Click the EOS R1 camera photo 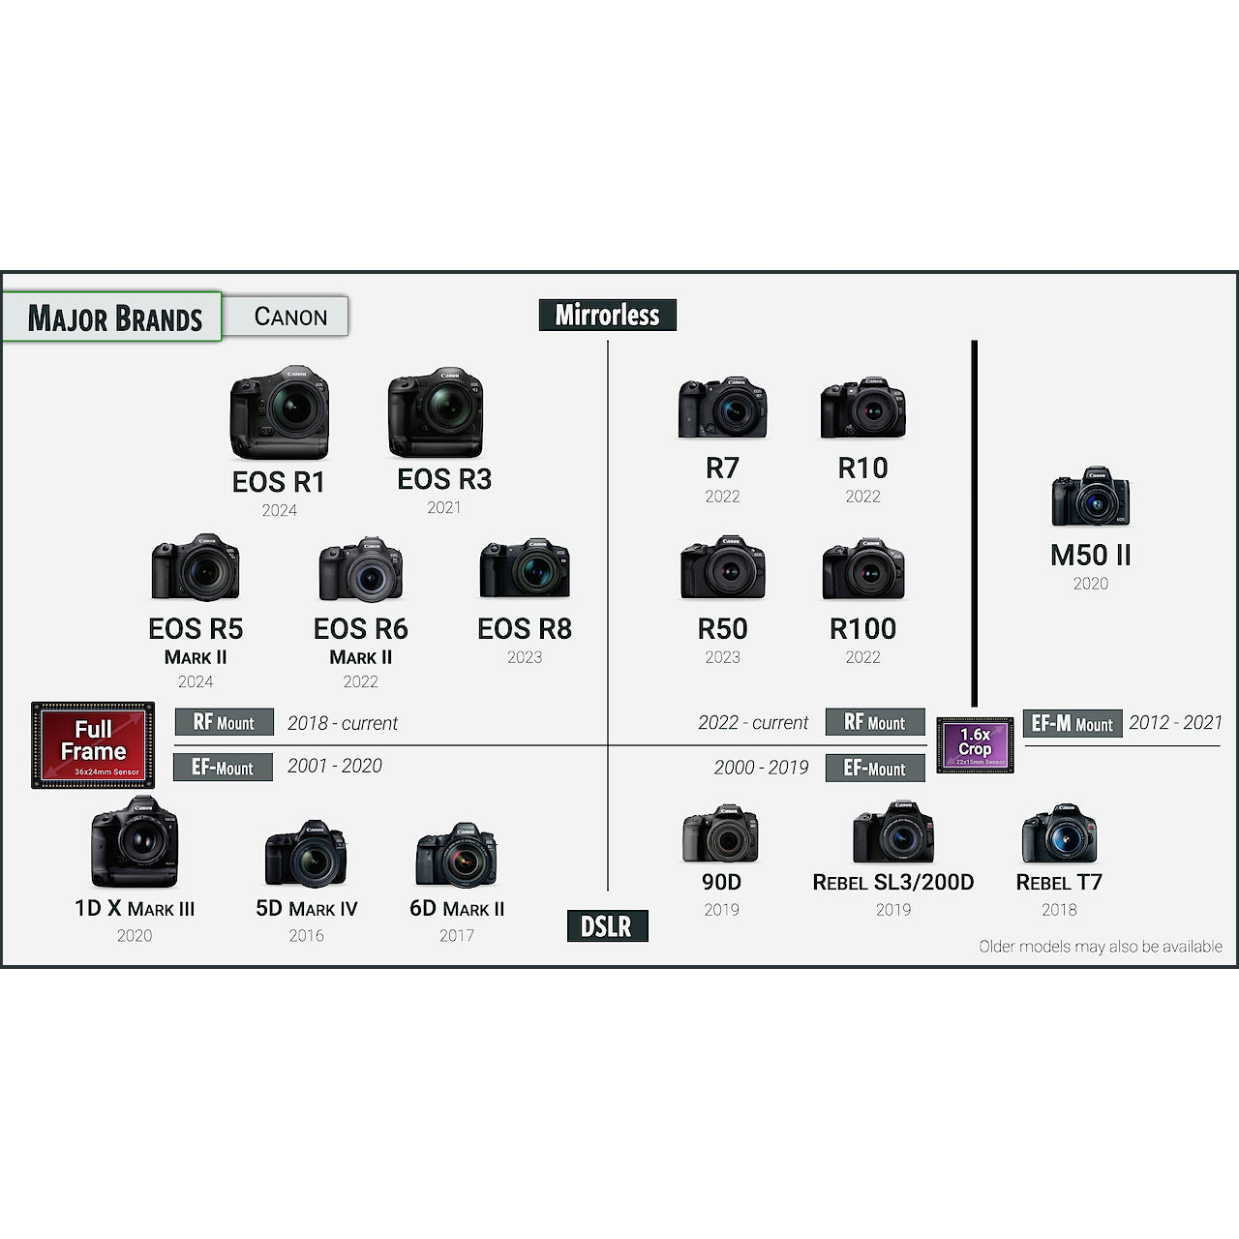(279, 412)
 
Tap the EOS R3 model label (444, 479)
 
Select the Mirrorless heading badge (607, 315)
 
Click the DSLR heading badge (607, 926)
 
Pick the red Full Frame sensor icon (93, 744)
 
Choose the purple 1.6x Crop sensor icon (975, 744)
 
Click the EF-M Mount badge (1073, 724)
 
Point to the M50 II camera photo (1091, 499)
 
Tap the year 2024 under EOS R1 (280, 510)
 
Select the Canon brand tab (290, 317)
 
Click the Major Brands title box (113, 317)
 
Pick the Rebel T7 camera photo (1059, 833)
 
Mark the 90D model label (721, 882)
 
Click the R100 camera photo (862, 569)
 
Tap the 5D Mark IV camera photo (306, 855)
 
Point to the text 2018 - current (343, 723)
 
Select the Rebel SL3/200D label (892, 882)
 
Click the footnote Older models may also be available (1101, 947)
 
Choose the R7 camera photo (722, 408)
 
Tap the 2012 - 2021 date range (1175, 723)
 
